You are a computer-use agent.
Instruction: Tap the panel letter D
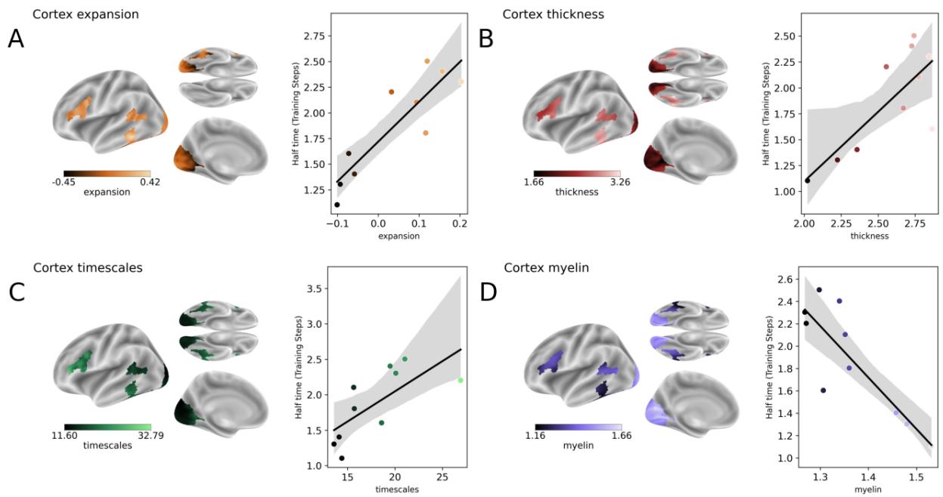[x=489, y=291]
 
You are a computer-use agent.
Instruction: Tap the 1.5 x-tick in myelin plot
[x=916, y=477]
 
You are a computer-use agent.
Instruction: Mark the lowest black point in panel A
[x=337, y=205]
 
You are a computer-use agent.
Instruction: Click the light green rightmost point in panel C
[x=460, y=380]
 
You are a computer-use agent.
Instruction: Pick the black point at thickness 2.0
[x=808, y=181]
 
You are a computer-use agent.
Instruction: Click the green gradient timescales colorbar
[x=107, y=427]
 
